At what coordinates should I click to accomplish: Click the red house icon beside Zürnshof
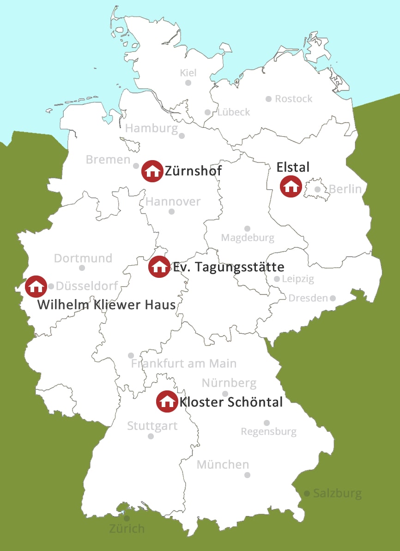click(x=152, y=171)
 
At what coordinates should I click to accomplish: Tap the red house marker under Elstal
click(x=291, y=186)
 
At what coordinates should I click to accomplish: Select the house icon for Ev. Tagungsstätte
click(x=159, y=266)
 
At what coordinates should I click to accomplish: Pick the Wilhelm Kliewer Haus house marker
click(x=36, y=286)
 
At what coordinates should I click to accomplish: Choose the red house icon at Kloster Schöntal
click(x=167, y=401)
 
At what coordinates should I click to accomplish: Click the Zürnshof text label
click(x=193, y=171)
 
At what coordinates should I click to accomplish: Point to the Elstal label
click(x=293, y=167)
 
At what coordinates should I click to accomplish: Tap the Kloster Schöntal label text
click(x=231, y=402)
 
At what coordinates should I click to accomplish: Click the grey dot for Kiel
click(x=188, y=83)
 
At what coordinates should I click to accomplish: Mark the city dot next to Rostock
click(x=268, y=99)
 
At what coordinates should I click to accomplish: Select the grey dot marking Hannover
click(x=171, y=211)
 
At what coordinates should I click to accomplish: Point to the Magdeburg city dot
click(x=247, y=228)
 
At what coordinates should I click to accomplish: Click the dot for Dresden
click(x=332, y=298)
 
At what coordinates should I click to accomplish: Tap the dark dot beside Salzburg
click(x=307, y=494)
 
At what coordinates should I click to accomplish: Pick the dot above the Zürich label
click(x=127, y=518)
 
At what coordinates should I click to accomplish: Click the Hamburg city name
click(x=152, y=128)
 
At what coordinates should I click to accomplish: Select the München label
click(x=223, y=464)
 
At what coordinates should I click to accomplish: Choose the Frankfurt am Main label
click(x=184, y=364)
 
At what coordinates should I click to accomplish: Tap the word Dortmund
click(x=83, y=258)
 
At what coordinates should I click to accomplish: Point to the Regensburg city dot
click(x=267, y=423)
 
